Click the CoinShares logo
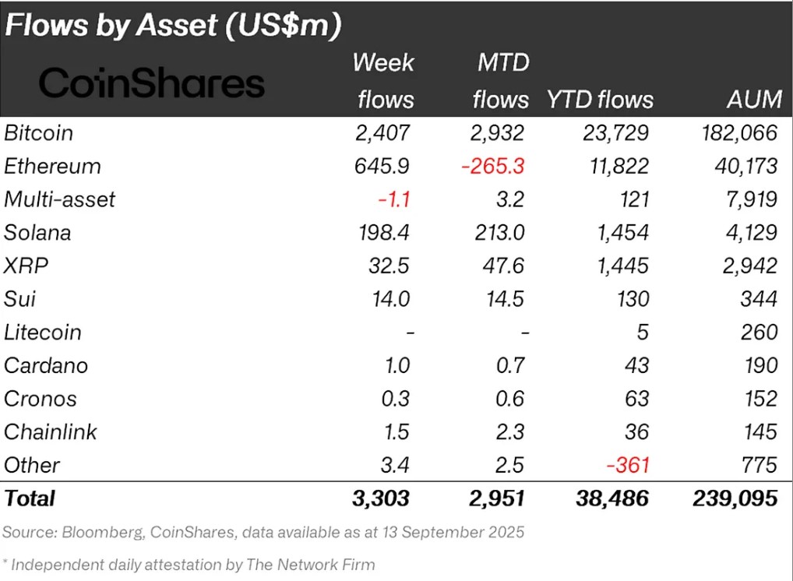pyautogui.click(x=152, y=83)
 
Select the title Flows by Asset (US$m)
pyautogui.click(x=173, y=26)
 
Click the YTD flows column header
pyautogui.click(x=600, y=99)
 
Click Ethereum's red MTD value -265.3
pyautogui.click(x=493, y=166)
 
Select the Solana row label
pyautogui.click(x=37, y=232)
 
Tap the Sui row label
pyautogui.click(x=21, y=299)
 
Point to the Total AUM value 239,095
pyautogui.click(x=735, y=498)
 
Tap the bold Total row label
pyautogui.click(x=30, y=498)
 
